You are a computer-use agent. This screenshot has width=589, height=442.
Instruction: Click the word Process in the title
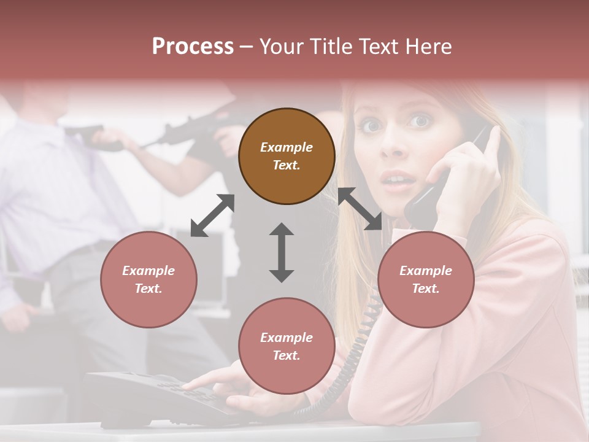pyautogui.click(x=193, y=47)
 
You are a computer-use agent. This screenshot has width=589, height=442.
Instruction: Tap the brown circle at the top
pyautogui.click(x=287, y=156)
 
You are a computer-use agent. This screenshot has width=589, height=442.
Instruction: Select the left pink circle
pyautogui.click(x=148, y=279)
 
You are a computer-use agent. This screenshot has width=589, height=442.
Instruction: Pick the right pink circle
pyautogui.click(x=426, y=279)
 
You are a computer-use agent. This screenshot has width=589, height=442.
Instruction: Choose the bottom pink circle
pyautogui.click(x=287, y=346)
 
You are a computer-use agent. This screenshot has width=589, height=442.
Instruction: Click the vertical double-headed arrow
pyautogui.click(x=282, y=252)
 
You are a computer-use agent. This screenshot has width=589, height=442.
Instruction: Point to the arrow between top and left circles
pyautogui.click(x=212, y=215)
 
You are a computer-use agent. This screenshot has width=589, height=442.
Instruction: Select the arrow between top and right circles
pyautogui.click(x=360, y=209)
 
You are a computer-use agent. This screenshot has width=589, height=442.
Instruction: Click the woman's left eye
pyautogui.click(x=420, y=121)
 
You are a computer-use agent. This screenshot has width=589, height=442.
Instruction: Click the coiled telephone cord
pyautogui.click(x=359, y=344)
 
